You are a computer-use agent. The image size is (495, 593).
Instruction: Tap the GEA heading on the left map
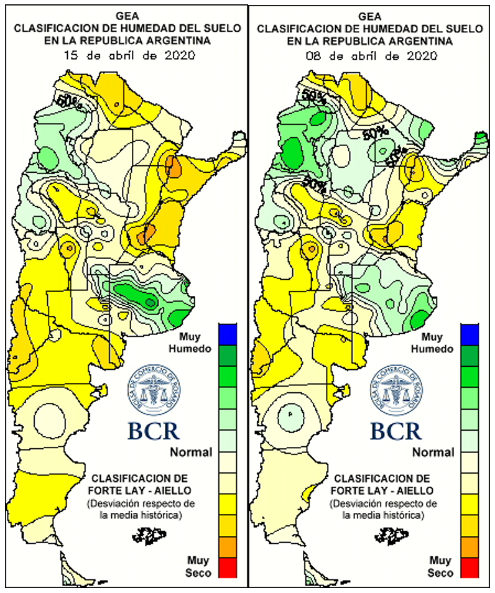(130, 15)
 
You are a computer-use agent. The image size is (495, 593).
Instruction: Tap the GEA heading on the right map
(373, 15)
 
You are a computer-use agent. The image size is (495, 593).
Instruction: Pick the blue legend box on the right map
(470, 334)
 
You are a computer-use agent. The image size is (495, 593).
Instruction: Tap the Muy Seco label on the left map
(198, 566)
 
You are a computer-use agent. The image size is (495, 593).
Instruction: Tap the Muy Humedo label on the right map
(436, 342)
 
